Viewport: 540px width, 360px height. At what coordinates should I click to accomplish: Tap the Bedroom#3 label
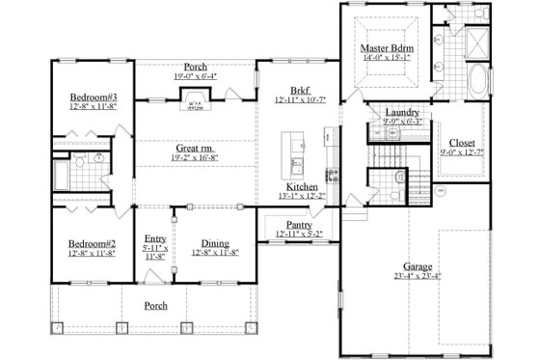click(x=94, y=97)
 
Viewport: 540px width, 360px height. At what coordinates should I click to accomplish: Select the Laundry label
click(x=401, y=112)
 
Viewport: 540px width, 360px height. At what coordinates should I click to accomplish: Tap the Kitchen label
click(x=303, y=186)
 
